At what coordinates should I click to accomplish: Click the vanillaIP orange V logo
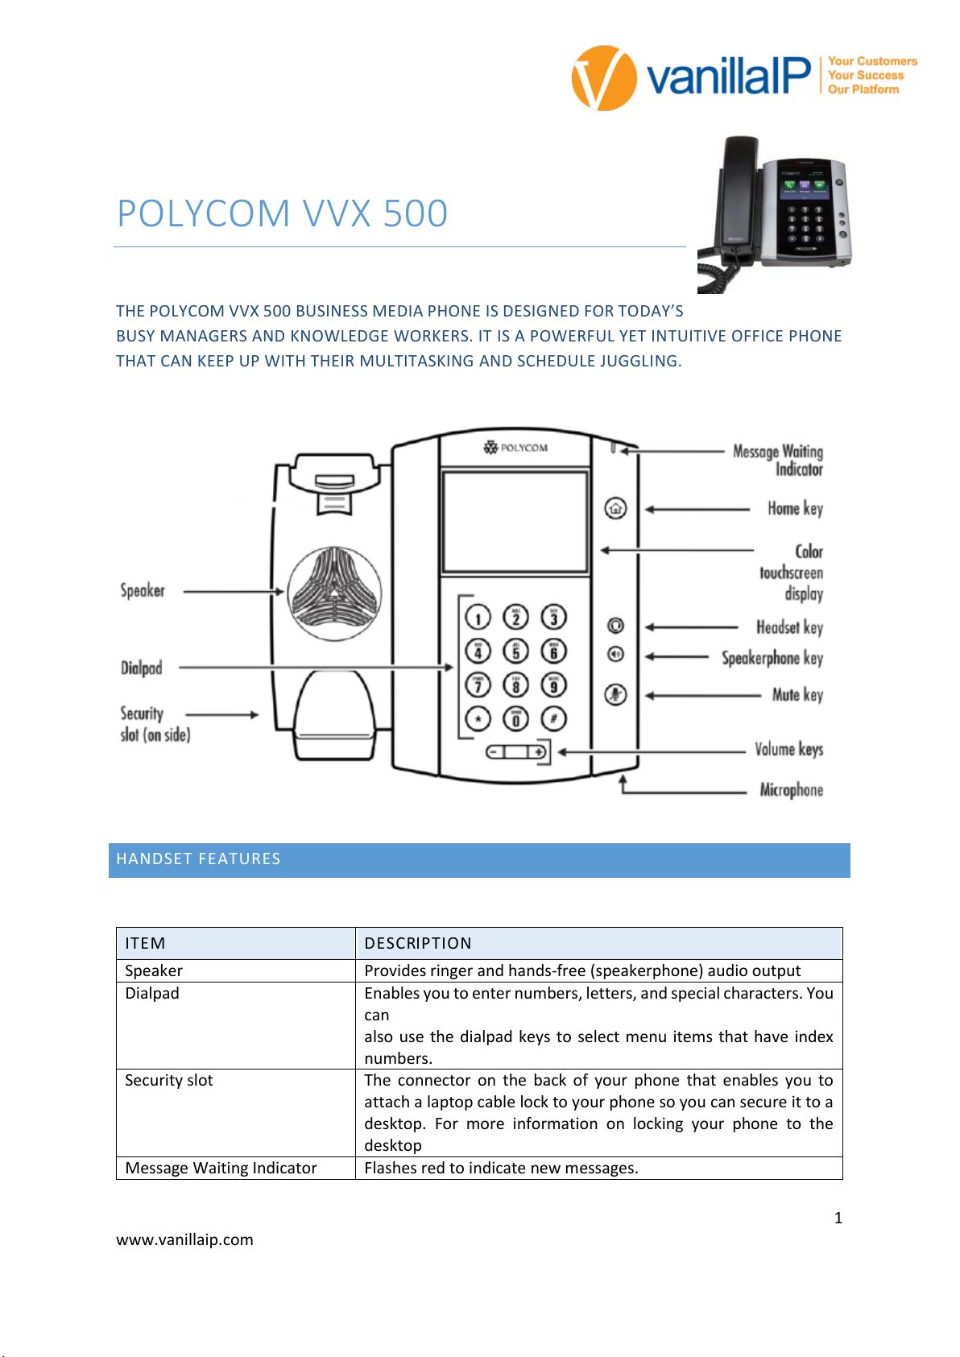[x=603, y=78]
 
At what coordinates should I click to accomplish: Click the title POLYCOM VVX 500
[x=282, y=213]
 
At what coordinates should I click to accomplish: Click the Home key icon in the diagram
[x=615, y=508]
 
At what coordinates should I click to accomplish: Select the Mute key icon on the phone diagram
[x=615, y=694]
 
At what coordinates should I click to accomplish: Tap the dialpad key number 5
[x=515, y=651]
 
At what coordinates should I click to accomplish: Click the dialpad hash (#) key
[x=553, y=718]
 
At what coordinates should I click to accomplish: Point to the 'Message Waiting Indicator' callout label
[x=779, y=460]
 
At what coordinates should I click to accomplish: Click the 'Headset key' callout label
[x=789, y=627]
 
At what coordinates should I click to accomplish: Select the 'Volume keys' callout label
[x=788, y=749]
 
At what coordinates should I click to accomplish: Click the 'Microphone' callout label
[x=791, y=789]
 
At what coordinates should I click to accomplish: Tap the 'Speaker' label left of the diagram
[x=143, y=590]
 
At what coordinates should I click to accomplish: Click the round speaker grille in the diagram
[x=334, y=594]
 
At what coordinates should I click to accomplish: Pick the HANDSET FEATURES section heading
[x=198, y=858]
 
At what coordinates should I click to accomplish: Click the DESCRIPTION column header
[x=418, y=943]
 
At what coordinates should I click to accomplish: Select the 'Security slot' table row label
[x=169, y=1080]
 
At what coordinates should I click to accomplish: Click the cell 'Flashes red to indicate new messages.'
[x=501, y=1168]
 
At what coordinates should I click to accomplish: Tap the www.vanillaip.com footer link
[x=184, y=1239]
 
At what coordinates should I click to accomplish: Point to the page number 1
[x=838, y=1218]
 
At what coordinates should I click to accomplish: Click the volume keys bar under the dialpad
[x=516, y=751]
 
